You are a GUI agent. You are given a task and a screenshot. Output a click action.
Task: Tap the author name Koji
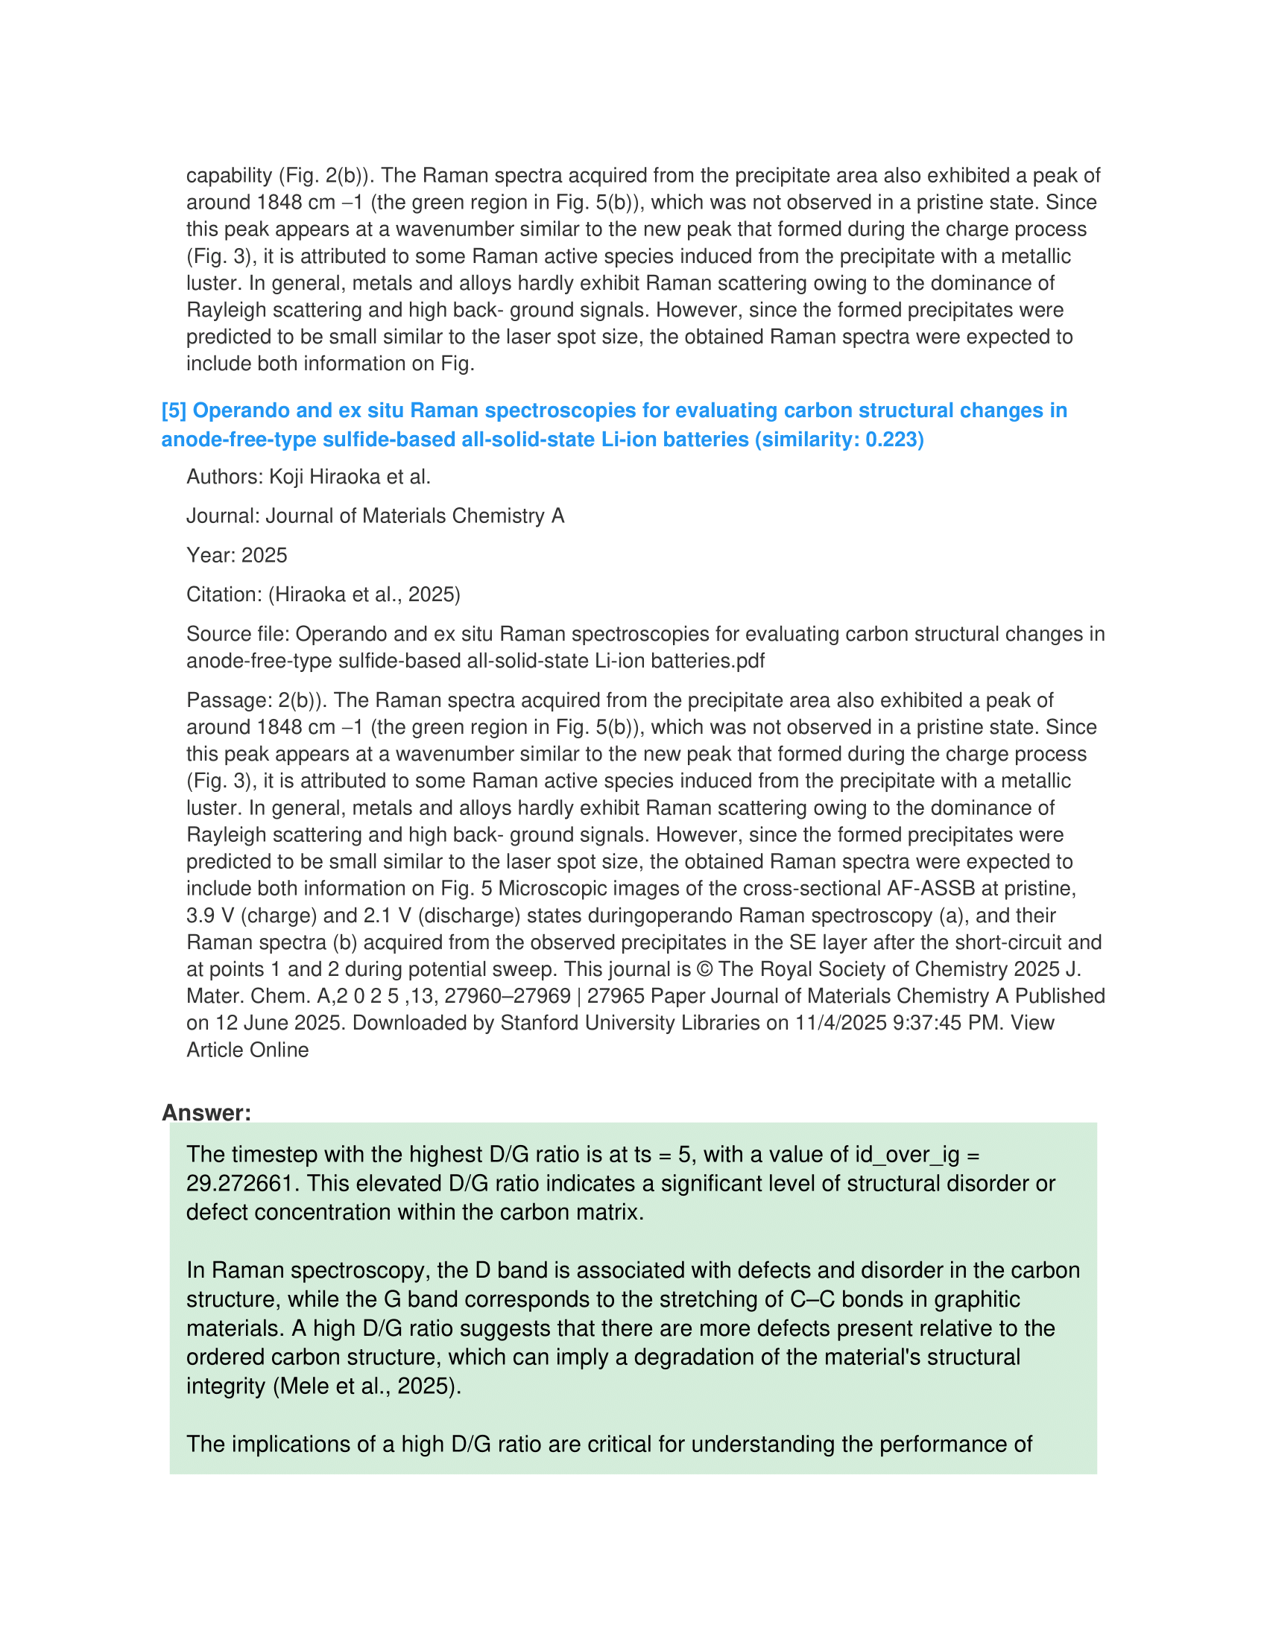[x=287, y=477]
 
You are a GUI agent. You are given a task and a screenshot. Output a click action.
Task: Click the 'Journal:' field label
[x=223, y=516]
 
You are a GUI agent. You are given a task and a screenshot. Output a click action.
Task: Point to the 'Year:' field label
[x=211, y=554]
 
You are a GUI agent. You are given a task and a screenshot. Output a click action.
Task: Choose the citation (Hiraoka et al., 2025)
[x=364, y=595]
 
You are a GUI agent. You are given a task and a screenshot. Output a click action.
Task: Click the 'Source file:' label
[x=237, y=634]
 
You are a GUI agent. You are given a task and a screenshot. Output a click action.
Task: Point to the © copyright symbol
[x=705, y=968]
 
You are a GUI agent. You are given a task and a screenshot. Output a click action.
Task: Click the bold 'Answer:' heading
[x=206, y=1112]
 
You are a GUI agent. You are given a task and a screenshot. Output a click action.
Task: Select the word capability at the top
[x=229, y=175]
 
